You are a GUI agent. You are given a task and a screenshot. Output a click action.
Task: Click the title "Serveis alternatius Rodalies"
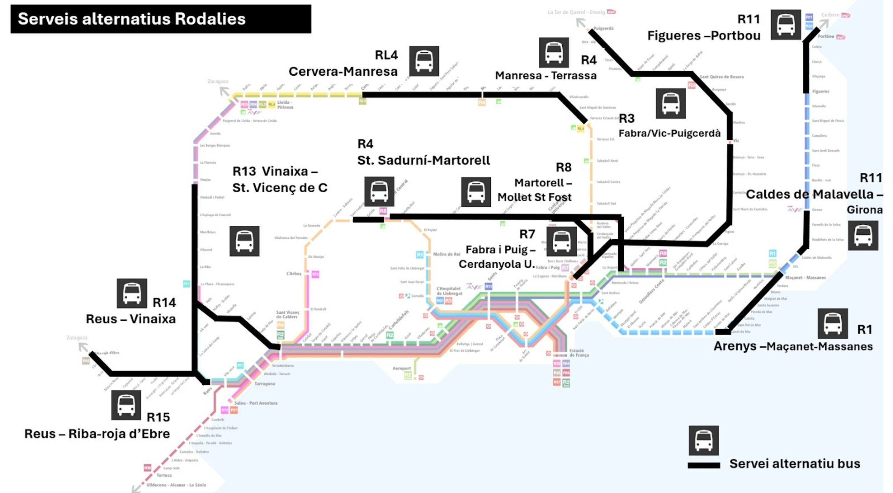coord(132,19)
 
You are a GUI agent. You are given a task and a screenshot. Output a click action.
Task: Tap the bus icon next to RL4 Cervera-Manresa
coord(424,61)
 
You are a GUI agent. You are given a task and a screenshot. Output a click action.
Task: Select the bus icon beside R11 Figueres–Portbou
coord(785,25)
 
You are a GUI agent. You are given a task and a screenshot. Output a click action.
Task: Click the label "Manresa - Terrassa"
coord(546,75)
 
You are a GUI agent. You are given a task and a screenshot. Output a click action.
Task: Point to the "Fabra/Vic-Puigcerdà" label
coord(669,133)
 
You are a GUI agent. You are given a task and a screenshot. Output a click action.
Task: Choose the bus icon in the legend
coord(703,440)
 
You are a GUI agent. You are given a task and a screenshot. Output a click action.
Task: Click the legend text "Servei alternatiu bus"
coord(795,464)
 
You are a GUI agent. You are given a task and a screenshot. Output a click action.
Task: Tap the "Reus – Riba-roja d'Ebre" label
coord(97,434)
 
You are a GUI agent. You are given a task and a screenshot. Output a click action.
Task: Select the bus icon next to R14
coord(132,293)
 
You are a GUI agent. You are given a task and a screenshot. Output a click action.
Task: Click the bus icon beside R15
coord(126,405)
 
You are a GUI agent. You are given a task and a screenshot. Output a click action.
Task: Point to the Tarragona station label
coord(264,384)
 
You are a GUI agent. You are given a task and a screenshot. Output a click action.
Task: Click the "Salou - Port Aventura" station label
coord(256,403)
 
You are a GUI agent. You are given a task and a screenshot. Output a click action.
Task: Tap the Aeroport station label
coord(402,368)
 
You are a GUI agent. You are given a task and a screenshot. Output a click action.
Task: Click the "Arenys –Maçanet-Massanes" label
coord(793,346)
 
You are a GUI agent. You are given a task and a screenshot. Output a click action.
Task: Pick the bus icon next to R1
coord(833,323)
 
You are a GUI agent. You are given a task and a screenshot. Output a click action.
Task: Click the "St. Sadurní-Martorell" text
coord(423,160)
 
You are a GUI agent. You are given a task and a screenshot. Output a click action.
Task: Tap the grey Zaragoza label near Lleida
coord(218,81)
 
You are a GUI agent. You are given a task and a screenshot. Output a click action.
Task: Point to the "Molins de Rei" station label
coord(446,254)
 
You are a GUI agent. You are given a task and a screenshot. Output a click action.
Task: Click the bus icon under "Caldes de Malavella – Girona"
coord(863,236)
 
